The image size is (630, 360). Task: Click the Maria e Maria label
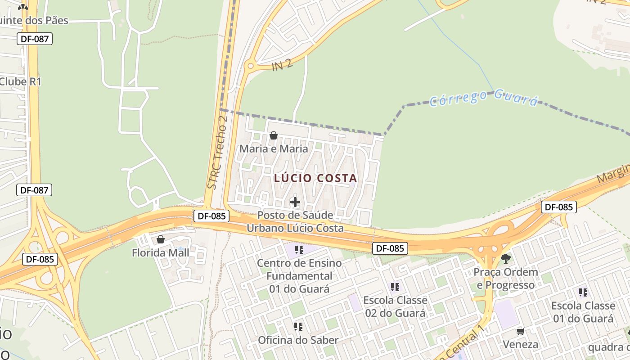point(274,148)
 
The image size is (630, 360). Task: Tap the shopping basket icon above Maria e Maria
point(273,135)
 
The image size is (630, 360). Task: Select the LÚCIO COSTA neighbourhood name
point(315,178)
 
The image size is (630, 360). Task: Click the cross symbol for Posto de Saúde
point(295,202)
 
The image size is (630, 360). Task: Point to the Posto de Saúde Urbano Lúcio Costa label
point(295,221)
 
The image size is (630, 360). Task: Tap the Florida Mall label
point(161,252)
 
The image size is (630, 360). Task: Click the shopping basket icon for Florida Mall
point(161,239)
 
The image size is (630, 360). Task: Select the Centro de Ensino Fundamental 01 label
point(299,275)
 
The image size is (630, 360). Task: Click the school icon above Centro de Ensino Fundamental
point(299,249)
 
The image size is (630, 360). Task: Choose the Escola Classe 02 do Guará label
point(395,306)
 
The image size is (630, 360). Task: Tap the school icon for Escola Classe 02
point(395,287)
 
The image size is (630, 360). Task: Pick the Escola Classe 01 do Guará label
point(583,312)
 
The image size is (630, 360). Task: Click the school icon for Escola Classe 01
point(583,292)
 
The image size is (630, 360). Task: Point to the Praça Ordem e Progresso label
point(506,279)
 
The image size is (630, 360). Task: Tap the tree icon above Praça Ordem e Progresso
point(506,258)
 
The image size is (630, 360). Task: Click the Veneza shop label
point(521,345)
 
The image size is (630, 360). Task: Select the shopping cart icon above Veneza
point(521,332)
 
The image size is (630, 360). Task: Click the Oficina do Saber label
point(298,340)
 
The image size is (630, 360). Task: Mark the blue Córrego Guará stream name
point(484,98)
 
